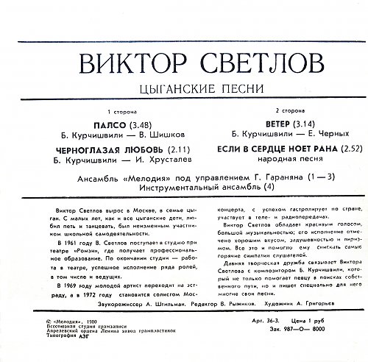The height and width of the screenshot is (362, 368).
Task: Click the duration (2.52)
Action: point(325,151)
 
